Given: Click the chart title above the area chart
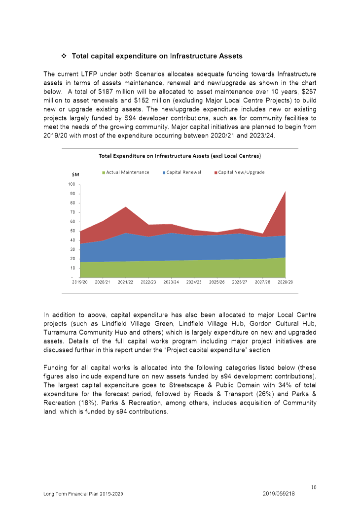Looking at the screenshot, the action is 180,156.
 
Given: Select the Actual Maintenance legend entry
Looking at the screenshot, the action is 126,172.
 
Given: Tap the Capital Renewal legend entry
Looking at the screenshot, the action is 182,172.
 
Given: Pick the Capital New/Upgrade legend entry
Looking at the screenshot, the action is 240,172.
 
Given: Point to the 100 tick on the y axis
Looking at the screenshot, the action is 72,184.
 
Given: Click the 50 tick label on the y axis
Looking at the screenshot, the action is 72,231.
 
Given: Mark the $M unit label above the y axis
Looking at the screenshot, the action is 75,174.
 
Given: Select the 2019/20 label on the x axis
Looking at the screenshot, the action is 79,282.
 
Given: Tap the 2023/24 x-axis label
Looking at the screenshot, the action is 171,282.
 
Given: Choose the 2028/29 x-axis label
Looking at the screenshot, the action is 285,282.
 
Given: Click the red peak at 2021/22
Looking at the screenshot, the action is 125,207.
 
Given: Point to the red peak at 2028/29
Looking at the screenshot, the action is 285,192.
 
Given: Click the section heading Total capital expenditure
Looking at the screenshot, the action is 157,56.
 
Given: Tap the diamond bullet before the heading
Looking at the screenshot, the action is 64,56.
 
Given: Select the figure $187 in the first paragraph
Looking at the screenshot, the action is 105,92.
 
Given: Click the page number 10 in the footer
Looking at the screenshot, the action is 314,487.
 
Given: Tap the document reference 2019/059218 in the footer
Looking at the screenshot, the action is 279,494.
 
